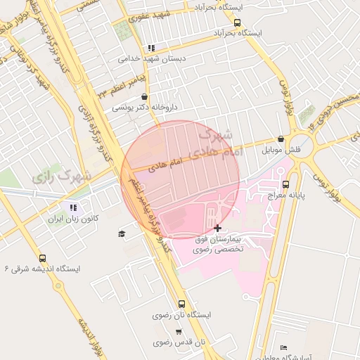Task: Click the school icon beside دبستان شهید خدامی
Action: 150,49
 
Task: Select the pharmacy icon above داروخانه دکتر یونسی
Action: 144,97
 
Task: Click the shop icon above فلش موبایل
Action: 281,139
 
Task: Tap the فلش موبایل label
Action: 281,150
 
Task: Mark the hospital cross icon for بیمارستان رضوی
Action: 217,228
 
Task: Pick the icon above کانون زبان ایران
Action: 72,207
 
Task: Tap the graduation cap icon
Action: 122,233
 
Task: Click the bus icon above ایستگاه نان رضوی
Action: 182,304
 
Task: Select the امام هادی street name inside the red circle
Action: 166,163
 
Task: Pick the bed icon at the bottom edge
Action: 283,348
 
